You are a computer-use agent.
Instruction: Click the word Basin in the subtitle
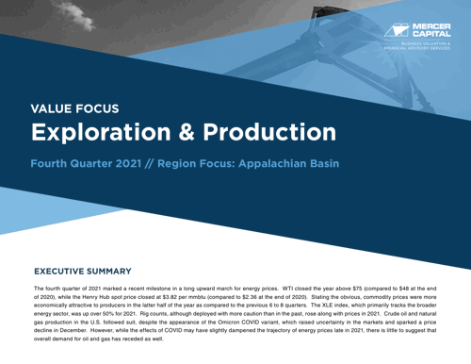tap(319, 163)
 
